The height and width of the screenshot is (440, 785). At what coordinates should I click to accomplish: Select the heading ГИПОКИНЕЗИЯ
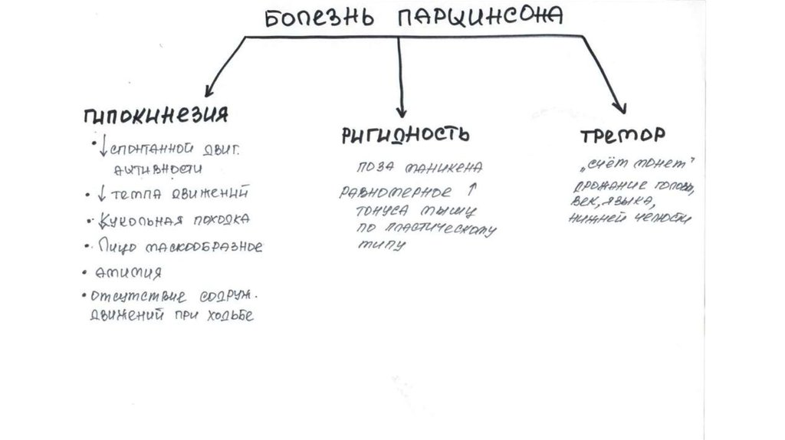pyautogui.click(x=156, y=115)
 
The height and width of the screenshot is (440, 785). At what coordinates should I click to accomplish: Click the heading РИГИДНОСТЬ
pyautogui.click(x=405, y=134)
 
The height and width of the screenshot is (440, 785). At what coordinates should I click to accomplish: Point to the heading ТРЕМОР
pyautogui.click(x=622, y=136)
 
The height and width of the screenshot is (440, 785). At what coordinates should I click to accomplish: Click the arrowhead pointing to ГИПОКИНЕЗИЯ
pyautogui.click(x=208, y=89)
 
